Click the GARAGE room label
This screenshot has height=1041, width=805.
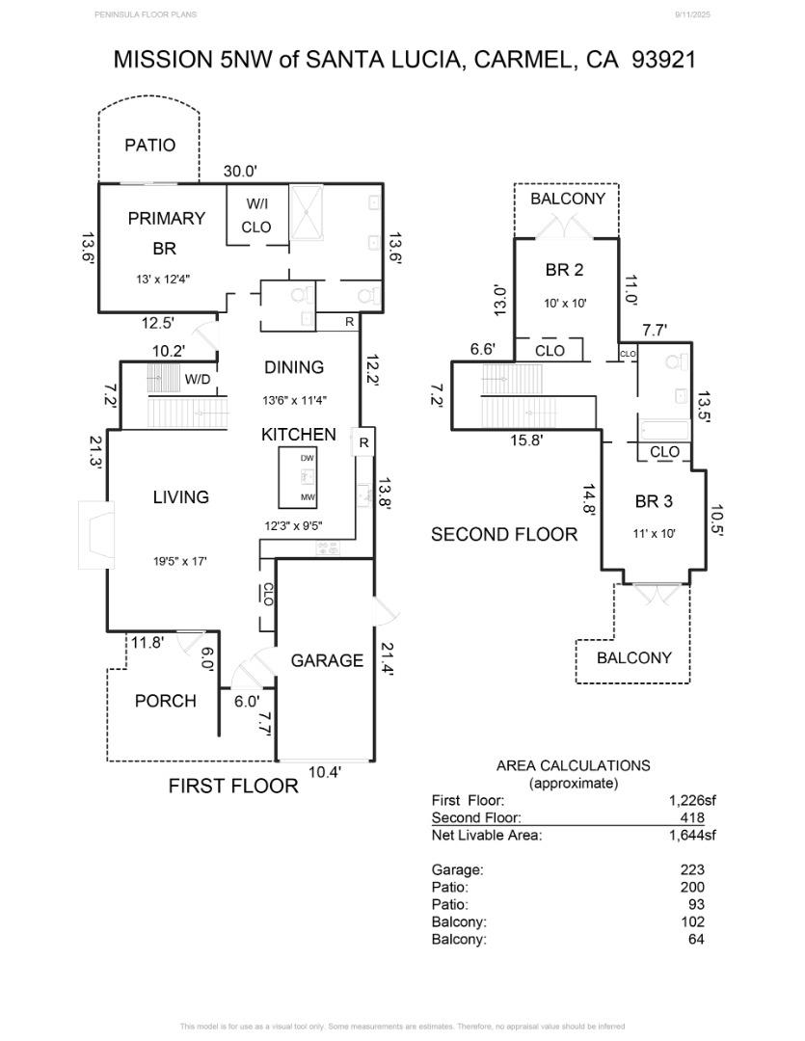coord(327,660)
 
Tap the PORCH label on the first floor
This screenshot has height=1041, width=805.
coord(165,701)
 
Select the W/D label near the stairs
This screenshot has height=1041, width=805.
coord(198,379)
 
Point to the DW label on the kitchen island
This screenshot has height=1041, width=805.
coord(307,458)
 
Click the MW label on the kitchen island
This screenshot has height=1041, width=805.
coord(307,497)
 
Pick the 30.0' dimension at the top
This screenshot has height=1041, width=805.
coord(240,171)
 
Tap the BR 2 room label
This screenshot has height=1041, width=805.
coord(564,270)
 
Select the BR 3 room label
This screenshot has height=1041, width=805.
coord(653,501)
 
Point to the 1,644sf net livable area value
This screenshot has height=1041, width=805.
coord(692,835)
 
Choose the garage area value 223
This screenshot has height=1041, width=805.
coord(692,869)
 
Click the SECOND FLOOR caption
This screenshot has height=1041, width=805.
coord(503,534)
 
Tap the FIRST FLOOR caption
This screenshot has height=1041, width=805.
coord(233,786)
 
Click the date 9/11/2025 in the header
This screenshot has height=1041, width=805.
coord(691,14)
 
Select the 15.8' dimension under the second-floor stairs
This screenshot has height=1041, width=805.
coord(526,440)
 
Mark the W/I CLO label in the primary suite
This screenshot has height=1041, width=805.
coord(255,216)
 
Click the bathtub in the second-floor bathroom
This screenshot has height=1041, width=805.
coord(664,429)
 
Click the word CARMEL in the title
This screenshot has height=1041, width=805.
coord(520,59)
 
